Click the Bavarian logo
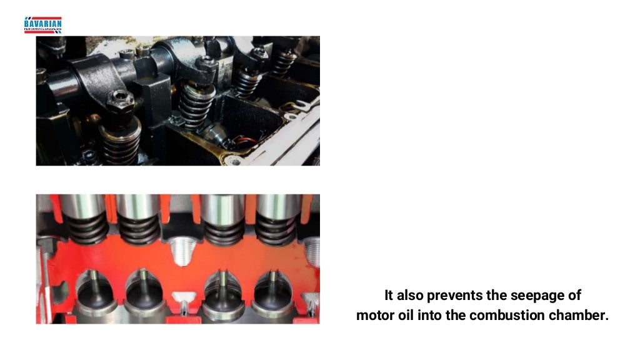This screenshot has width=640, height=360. point(42,24)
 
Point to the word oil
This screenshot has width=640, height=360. point(407,315)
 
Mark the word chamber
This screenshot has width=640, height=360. point(578,315)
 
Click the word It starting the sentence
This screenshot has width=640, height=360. point(389,295)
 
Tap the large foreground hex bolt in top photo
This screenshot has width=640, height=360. point(119,101)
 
